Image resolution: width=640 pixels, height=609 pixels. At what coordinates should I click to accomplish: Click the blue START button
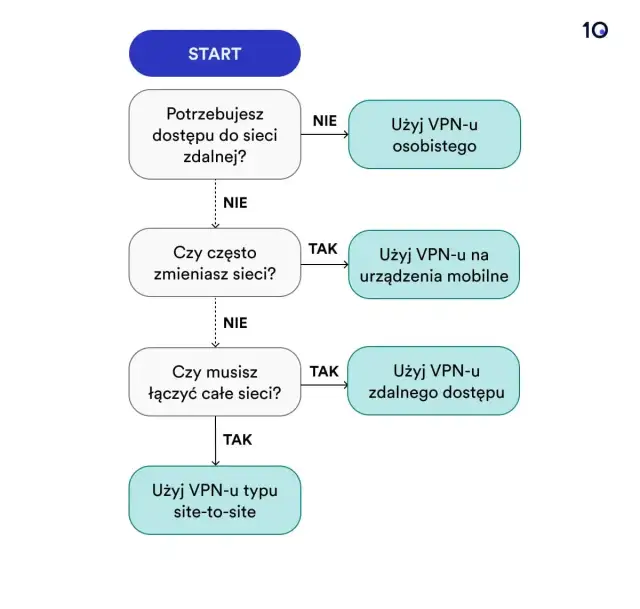pos(214,53)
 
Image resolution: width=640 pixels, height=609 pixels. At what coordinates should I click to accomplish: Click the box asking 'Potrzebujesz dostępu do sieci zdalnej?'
pos(214,135)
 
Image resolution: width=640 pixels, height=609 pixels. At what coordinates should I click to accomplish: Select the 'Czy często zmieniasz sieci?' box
pos(214,262)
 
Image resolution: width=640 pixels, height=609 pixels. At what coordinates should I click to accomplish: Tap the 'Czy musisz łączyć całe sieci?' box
pos(214,381)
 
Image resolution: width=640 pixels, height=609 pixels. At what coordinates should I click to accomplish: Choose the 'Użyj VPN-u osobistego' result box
pos(434,134)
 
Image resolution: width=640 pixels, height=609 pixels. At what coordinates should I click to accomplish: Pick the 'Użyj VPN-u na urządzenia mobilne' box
pos(434,264)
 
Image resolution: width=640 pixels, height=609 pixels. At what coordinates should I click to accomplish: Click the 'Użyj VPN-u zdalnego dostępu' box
pos(434,381)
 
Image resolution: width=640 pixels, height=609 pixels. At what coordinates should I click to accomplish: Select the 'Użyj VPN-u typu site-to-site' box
pos(214,500)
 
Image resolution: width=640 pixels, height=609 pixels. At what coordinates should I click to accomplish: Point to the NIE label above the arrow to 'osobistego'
pos(325,120)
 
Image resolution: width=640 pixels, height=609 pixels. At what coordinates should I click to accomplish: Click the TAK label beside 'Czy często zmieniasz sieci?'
pos(323,249)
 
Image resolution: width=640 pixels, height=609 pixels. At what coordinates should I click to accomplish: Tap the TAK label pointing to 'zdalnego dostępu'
pos(324,371)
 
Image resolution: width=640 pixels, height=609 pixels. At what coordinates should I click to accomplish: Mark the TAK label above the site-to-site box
pos(237,439)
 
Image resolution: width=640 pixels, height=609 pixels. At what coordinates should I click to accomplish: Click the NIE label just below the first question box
pos(235,202)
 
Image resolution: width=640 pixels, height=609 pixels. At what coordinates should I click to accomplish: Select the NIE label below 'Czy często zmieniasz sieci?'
pos(235,323)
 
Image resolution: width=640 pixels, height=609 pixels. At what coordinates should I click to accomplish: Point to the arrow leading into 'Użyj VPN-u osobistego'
pos(324,135)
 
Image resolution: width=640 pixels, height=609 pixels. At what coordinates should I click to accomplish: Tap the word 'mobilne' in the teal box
pos(482,276)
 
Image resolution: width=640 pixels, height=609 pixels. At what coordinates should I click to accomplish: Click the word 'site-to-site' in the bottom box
pos(214,512)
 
